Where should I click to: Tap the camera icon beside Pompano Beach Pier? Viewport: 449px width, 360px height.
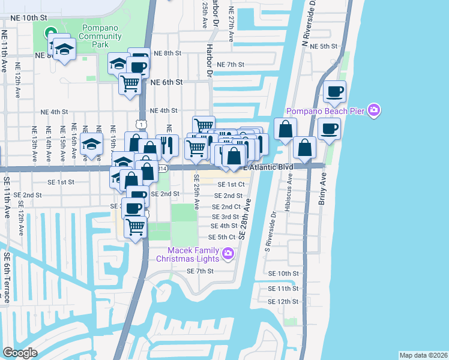click(x=375, y=110)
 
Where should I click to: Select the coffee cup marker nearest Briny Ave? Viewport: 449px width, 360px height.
click(x=329, y=128)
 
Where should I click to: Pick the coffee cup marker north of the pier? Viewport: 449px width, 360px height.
click(x=334, y=92)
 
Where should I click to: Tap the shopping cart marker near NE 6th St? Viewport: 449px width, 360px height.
click(x=130, y=83)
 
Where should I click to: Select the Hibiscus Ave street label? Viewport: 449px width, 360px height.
click(x=290, y=187)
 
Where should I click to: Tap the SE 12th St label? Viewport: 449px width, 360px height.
click(x=283, y=301)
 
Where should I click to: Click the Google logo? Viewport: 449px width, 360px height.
click(x=20, y=353)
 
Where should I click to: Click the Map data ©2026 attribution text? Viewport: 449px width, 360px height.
click(x=423, y=355)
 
